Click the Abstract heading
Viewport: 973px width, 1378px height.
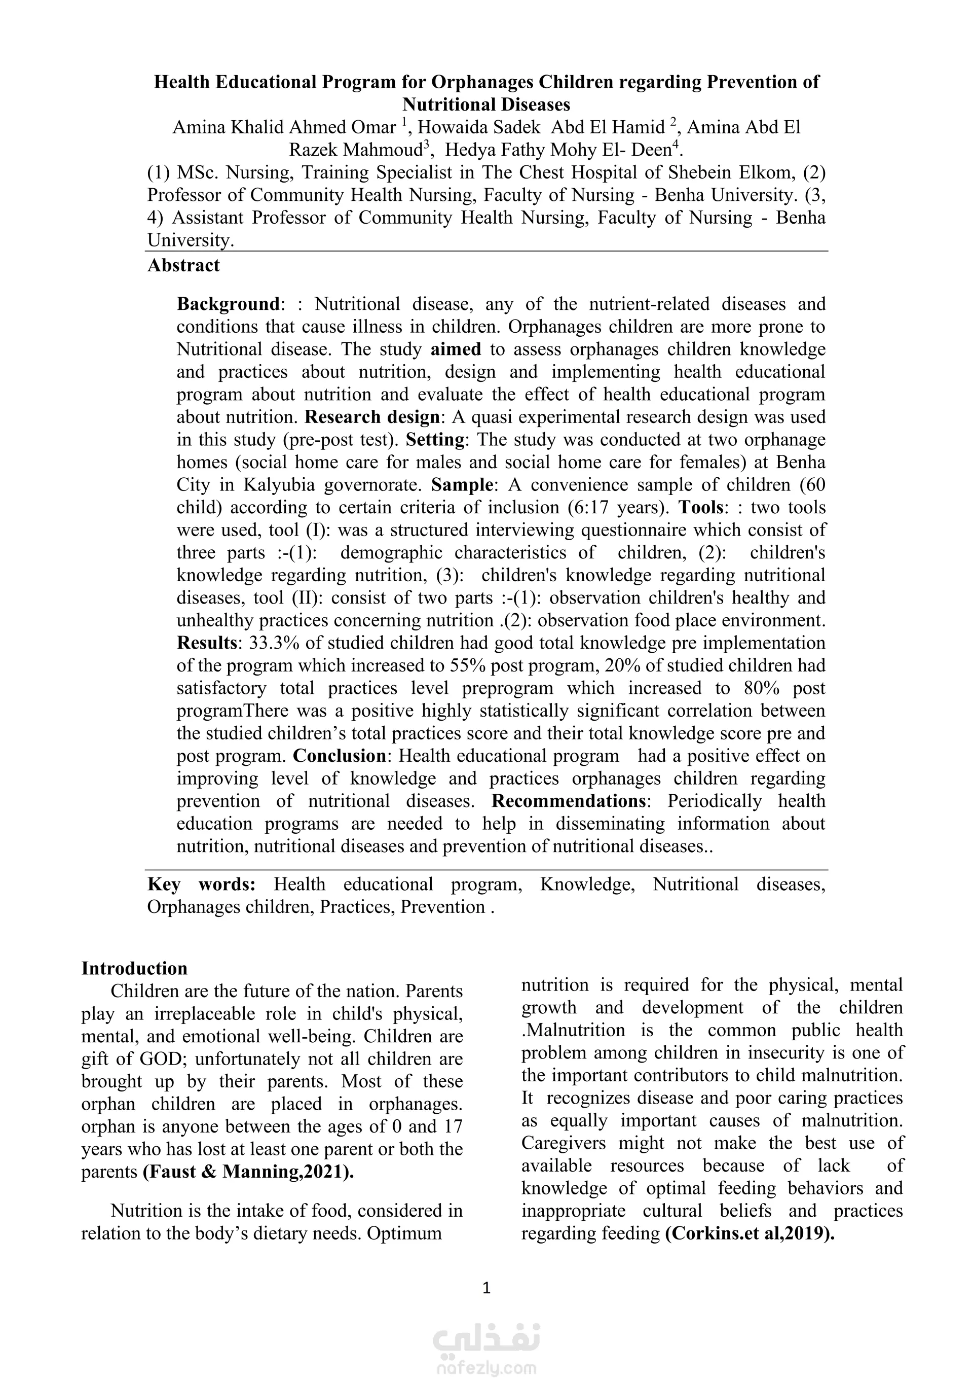183,265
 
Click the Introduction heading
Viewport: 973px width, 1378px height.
134,968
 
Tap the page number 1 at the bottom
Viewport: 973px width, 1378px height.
486,1287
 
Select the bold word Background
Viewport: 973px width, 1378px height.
228,304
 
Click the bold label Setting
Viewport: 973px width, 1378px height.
435,439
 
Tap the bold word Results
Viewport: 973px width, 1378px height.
207,643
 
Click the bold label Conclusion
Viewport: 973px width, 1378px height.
340,756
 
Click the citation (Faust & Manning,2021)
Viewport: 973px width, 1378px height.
248,1172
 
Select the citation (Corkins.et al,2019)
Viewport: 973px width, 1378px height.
750,1233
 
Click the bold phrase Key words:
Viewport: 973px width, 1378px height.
202,884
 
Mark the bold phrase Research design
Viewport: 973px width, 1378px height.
372,416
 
